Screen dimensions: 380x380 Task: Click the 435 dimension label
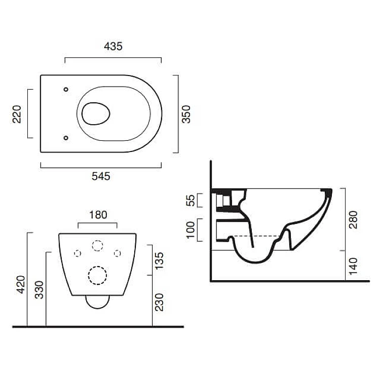(x=113, y=46)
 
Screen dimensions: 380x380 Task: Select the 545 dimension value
(x=101, y=176)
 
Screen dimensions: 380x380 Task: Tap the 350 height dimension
(x=186, y=114)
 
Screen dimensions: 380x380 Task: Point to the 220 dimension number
(x=17, y=114)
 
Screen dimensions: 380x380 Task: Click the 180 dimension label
(x=98, y=215)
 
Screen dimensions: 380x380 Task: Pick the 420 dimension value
(x=21, y=285)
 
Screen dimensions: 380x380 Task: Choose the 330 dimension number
(x=39, y=290)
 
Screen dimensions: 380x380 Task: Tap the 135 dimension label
(x=159, y=261)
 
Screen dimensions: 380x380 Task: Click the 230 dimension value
(x=159, y=302)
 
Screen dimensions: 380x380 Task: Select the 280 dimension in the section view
(x=353, y=219)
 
